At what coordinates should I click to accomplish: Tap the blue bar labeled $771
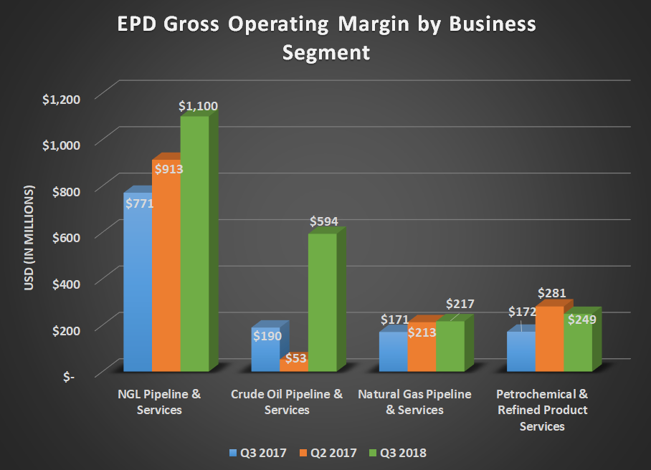pyautogui.click(x=138, y=287)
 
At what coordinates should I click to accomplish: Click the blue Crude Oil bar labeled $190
pyautogui.click(x=265, y=351)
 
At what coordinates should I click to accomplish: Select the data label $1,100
pyautogui.click(x=198, y=106)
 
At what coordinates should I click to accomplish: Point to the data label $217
pyautogui.click(x=460, y=304)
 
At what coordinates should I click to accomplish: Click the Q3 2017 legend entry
pyautogui.click(x=258, y=453)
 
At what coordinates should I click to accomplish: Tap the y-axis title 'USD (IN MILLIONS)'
pyautogui.click(x=29, y=239)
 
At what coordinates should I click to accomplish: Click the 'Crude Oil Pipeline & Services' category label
pyautogui.click(x=287, y=402)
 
